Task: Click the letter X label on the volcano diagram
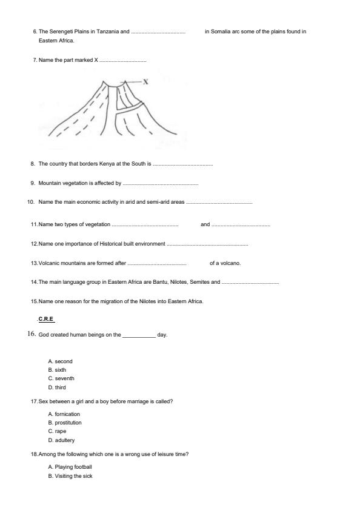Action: (x=146, y=81)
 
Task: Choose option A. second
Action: (x=60, y=361)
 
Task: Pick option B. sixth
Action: (x=57, y=370)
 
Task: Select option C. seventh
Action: (x=61, y=378)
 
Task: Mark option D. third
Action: (x=57, y=387)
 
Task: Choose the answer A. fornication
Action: (x=64, y=414)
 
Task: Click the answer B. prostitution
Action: (x=65, y=423)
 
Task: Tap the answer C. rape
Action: (x=56, y=431)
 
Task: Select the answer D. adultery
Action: (x=61, y=440)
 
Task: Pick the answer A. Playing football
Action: (x=70, y=467)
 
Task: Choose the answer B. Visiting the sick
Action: (x=70, y=476)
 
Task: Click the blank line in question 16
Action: (x=139, y=335)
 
